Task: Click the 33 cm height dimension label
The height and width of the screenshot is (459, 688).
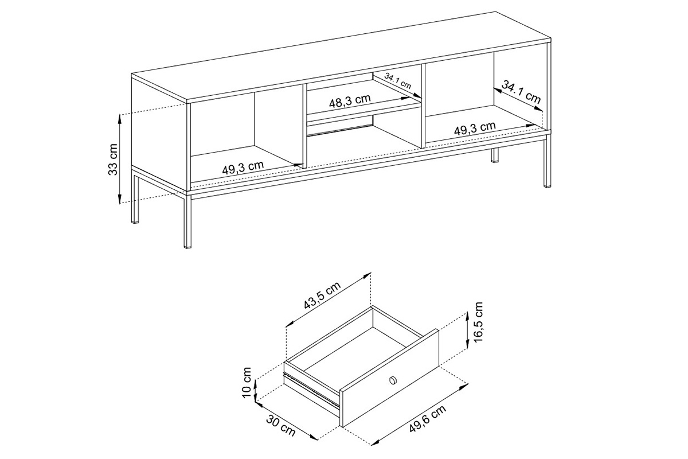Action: pos(114,159)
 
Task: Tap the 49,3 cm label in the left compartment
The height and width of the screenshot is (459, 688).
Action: pos(243,168)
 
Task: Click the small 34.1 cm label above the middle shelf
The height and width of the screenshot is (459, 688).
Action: pos(398,80)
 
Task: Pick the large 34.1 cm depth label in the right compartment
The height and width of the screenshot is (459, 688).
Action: pos(521,92)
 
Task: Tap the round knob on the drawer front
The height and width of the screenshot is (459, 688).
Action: pos(393,380)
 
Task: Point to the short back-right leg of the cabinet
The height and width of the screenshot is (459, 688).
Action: pos(494,157)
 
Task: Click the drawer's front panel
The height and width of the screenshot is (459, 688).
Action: pos(390,379)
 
